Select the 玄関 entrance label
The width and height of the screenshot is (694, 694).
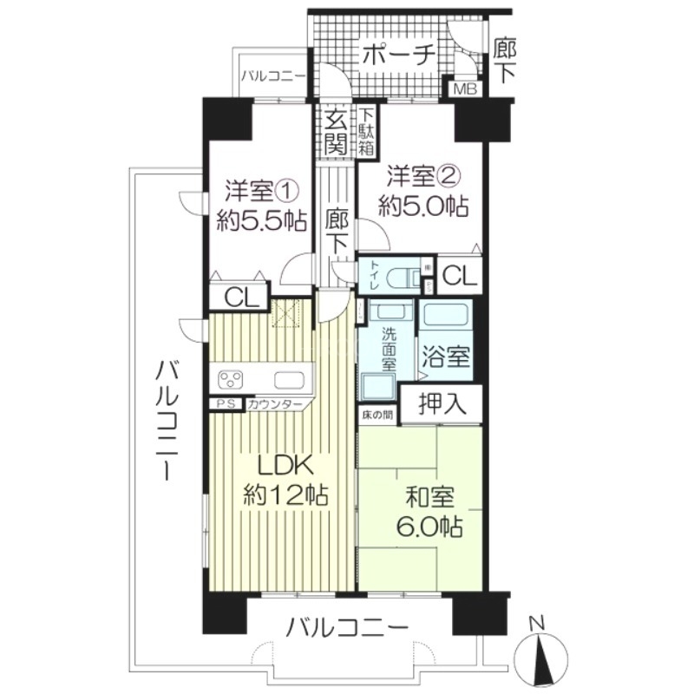(335, 131)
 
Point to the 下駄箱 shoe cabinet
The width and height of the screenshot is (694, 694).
(367, 131)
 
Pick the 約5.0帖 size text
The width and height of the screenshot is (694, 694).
(423, 206)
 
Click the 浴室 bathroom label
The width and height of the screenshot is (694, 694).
(446, 355)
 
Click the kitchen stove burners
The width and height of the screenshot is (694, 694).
(232, 378)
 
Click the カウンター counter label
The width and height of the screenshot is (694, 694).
(274, 405)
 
